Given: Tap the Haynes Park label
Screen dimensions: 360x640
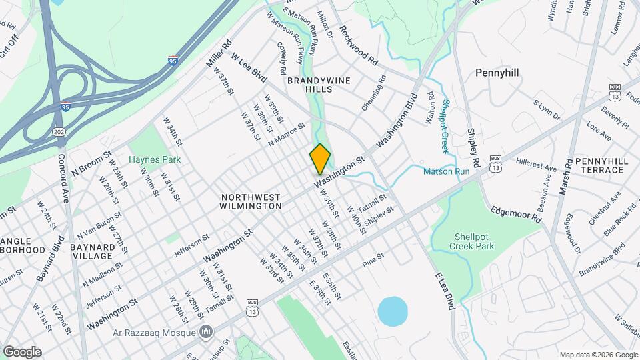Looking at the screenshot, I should (x=155, y=160).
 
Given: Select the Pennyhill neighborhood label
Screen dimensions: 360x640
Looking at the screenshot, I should (x=497, y=72).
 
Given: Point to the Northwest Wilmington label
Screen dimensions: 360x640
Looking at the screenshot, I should (x=251, y=202).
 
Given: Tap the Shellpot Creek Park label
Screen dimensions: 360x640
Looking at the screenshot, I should (x=475, y=241).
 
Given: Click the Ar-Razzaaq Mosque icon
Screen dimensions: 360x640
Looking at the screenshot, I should (x=207, y=331).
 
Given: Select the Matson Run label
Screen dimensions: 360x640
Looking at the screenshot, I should (x=447, y=172).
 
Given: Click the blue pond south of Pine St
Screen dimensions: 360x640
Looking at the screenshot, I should (x=393, y=311).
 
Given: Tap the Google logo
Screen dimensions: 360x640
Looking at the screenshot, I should (x=22, y=351).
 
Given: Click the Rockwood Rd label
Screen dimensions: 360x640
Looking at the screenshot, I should (x=359, y=45).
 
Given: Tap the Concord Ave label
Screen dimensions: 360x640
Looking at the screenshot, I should (x=65, y=180).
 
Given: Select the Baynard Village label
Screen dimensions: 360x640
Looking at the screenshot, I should (x=92, y=251).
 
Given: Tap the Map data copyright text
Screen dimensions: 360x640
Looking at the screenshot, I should (x=598, y=355).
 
